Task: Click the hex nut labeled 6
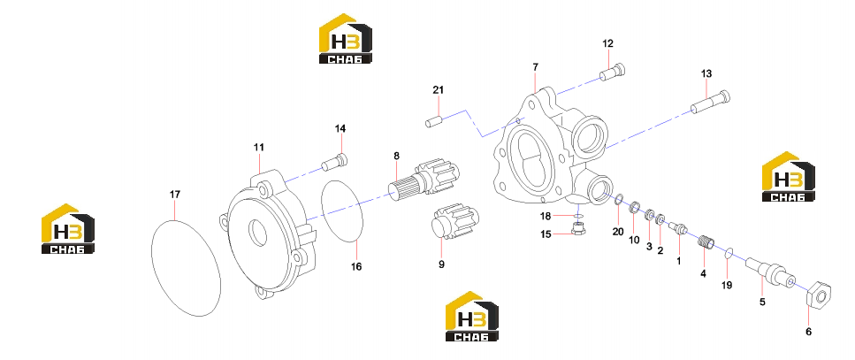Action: (819, 294)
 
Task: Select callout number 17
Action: (174, 195)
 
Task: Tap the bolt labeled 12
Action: (613, 73)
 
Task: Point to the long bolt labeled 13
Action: (711, 103)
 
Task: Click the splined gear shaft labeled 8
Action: (424, 179)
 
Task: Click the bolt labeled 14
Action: (334, 162)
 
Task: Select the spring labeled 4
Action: (706, 241)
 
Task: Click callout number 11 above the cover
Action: (258, 147)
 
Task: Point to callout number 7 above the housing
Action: (536, 67)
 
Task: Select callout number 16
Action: (356, 267)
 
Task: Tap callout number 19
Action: (727, 285)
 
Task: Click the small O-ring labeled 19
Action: (729, 254)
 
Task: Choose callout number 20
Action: (618, 232)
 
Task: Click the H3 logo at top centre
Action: (345, 38)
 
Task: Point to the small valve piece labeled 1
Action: (678, 229)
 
